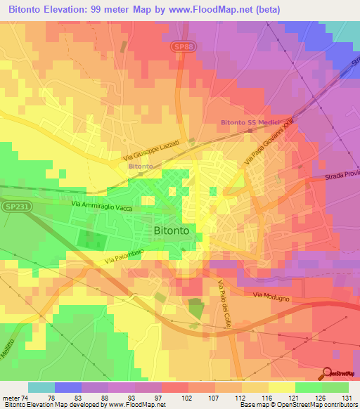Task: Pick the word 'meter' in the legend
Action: click(11, 397)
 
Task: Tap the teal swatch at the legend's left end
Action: click(41, 387)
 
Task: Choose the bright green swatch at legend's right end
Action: click(335, 387)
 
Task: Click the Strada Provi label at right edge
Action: click(342, 179)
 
